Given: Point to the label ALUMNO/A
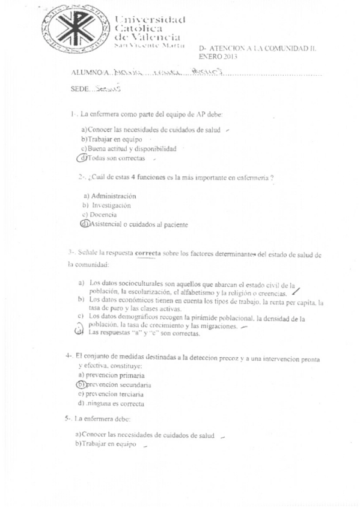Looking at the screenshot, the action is point(90,73).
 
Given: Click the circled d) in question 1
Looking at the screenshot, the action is point(83,158).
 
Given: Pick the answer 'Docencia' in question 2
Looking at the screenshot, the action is point(103,215).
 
